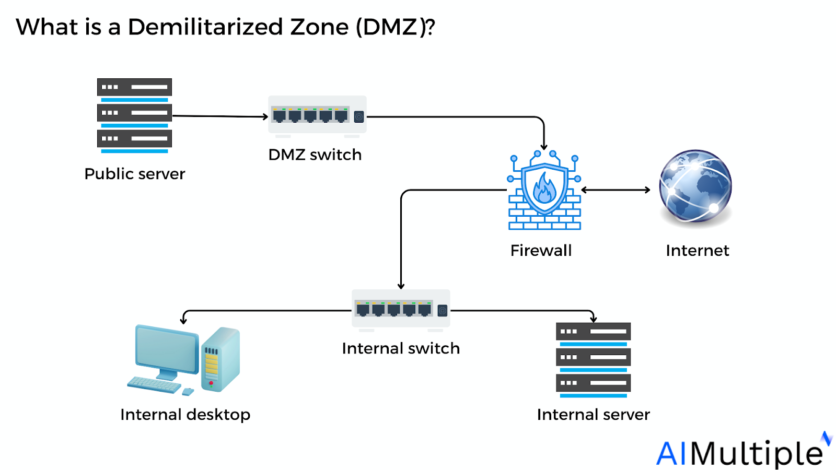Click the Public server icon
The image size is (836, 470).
pos(134,115)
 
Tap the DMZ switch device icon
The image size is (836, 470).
pos(317,115)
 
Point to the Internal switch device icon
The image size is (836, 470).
pos(401,310)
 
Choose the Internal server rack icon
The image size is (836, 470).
pos(593,360)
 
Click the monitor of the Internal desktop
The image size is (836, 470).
pos(166,349)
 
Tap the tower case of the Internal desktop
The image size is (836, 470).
pos(220,360)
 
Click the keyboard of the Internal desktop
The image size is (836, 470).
pos(154,384)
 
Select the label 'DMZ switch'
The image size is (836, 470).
pos(315,155)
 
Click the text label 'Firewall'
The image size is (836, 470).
pos(541,250)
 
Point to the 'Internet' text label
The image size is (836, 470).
pos(697,250)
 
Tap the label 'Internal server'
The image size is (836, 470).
pos(593,414)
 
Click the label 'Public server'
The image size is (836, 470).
pos(135,173)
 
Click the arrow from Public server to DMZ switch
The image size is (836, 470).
pos(219,116)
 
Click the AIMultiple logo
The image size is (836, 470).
pos(742,452)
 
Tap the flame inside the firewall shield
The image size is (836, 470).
pos(544,189)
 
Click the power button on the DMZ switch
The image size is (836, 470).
pos(359,116)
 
